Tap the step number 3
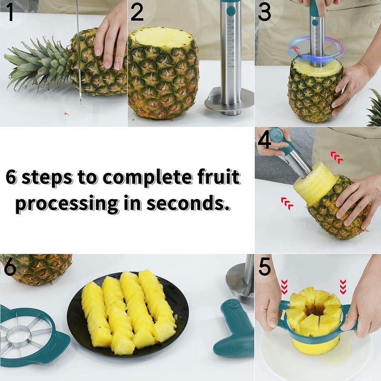click(265, 13)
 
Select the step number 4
click(264, 140)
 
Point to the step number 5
click(265, 268)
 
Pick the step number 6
click(10, 268)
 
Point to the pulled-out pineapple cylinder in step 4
click(314, 183)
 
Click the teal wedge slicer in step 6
click(29, 333)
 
